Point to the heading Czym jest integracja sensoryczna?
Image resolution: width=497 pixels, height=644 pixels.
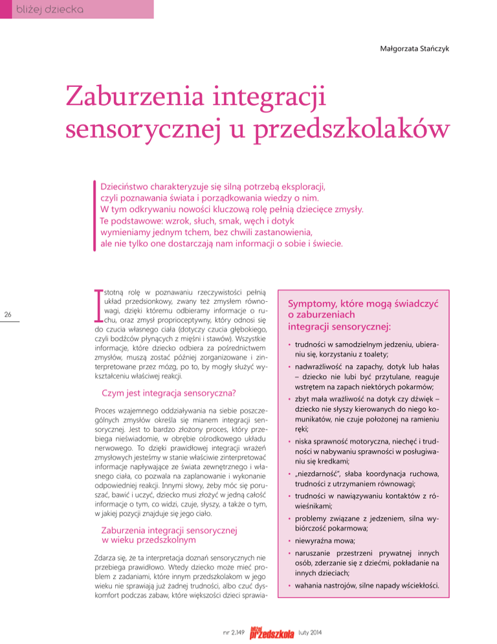tap(168, 393)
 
